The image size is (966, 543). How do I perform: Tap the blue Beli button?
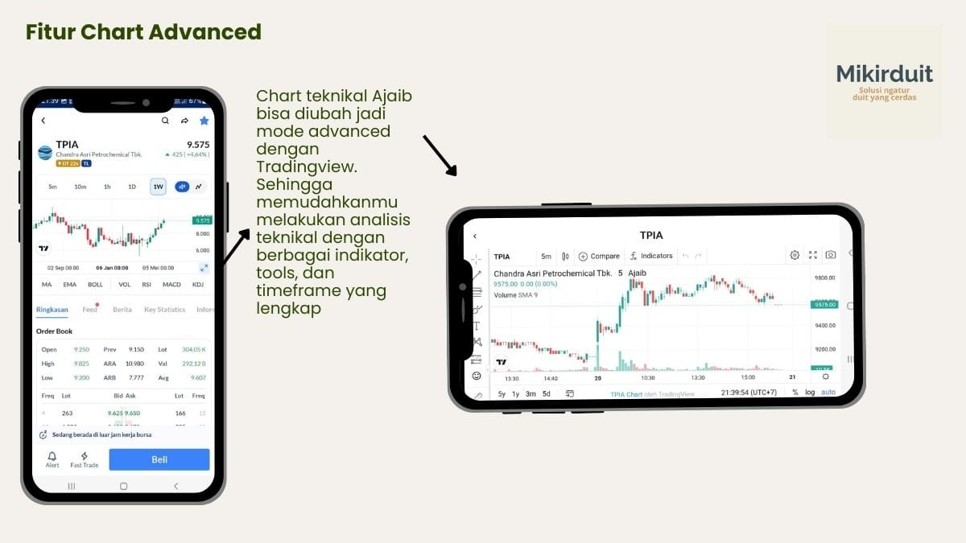159,459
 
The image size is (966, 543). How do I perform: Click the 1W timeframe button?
158,187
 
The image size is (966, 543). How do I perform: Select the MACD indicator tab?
171,284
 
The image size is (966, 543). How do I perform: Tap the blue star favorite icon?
204,121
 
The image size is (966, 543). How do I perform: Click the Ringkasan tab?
52,310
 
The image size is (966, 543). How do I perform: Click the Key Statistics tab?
164,310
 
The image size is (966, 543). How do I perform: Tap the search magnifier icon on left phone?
165,121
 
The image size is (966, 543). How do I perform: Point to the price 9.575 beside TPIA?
198,145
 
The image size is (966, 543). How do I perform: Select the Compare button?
599,256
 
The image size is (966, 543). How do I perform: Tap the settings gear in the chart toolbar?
795,255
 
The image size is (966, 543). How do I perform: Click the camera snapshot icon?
830,255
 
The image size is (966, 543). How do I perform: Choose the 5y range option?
502,393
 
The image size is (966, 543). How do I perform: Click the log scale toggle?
810,393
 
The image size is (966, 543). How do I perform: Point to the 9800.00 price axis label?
824,278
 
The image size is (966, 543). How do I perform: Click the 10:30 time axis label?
647,377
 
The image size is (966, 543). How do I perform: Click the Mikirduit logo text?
884,75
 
